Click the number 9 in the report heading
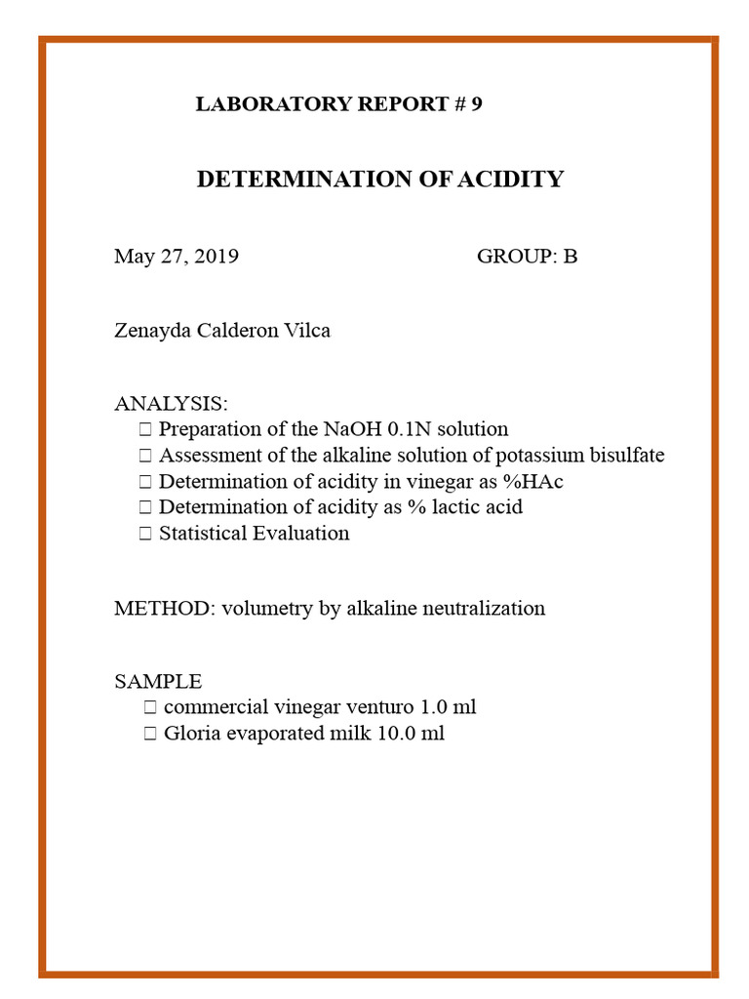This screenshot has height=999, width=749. (476, 104)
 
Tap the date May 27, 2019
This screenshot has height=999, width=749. (177, 257)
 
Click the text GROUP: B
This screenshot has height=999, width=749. (527, 257)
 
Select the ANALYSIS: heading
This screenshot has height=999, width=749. (172, 404)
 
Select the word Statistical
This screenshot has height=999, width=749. (203, 534)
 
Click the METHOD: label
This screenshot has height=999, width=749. (165, 609)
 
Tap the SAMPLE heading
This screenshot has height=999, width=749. (158, 681)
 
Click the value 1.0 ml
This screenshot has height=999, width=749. (446, 707)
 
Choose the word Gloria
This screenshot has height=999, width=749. (191, 734)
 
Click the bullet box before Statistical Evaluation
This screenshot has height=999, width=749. (145, 534)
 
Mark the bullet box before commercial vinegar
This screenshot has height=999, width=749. (149, 707)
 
